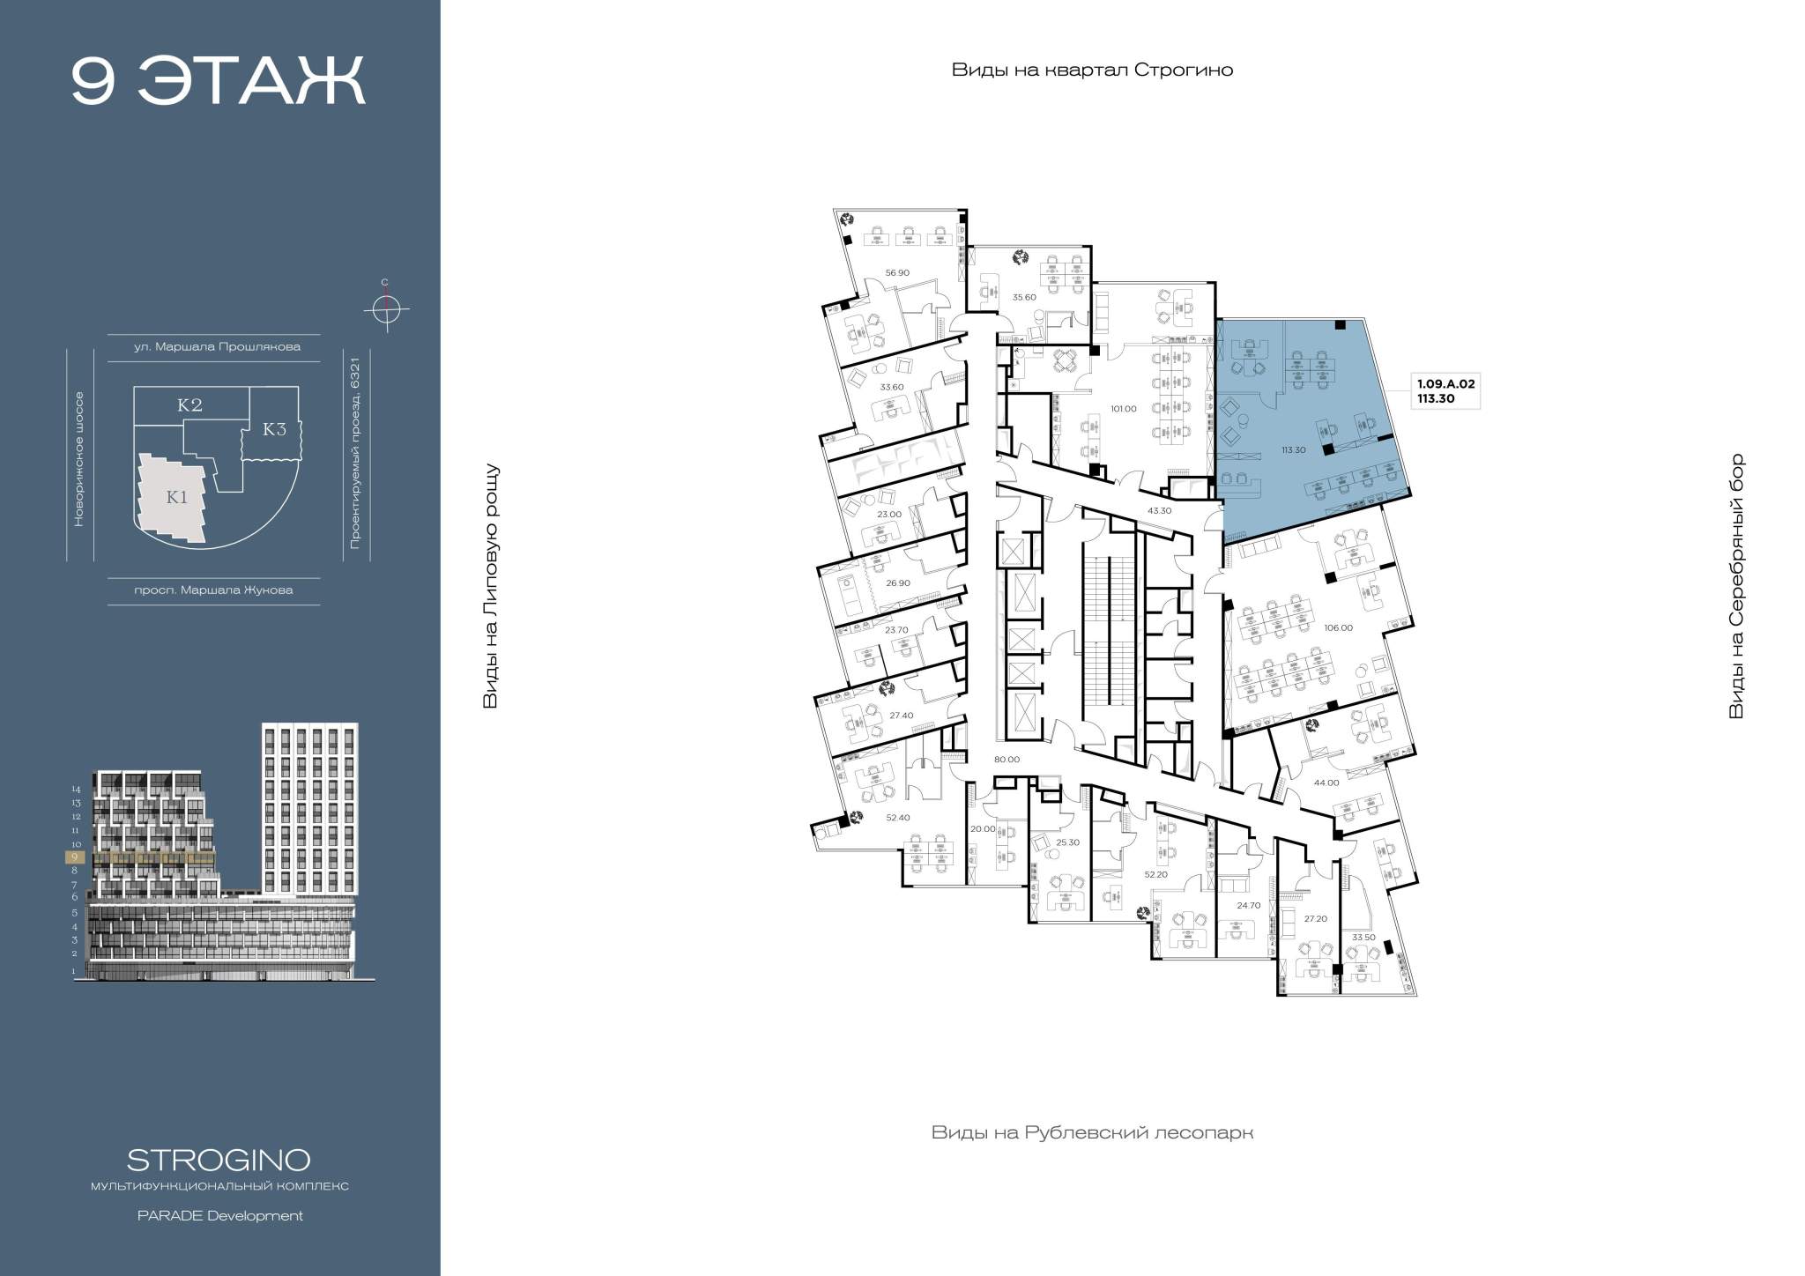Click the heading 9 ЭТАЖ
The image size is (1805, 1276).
(218, 82)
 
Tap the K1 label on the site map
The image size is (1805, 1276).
(177, 497)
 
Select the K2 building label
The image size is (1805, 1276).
(190, 405)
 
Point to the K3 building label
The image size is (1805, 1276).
(275, 429)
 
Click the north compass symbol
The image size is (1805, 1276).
(385, 309)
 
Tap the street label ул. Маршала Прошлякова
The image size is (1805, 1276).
(217, 346)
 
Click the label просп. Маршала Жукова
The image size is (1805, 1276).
(213, 590)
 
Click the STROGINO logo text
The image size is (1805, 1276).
(219, 1159)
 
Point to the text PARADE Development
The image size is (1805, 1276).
(219, 1216)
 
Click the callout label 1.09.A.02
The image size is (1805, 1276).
(1445, 383)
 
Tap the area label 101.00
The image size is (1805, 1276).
(1124, 408)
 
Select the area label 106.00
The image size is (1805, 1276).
(1338, 627)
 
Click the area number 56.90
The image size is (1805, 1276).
(897, 272)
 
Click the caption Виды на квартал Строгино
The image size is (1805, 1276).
(1092, 70)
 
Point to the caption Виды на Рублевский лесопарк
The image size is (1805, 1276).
(1092, 1132)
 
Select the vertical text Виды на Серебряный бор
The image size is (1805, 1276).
(1736, 586)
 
